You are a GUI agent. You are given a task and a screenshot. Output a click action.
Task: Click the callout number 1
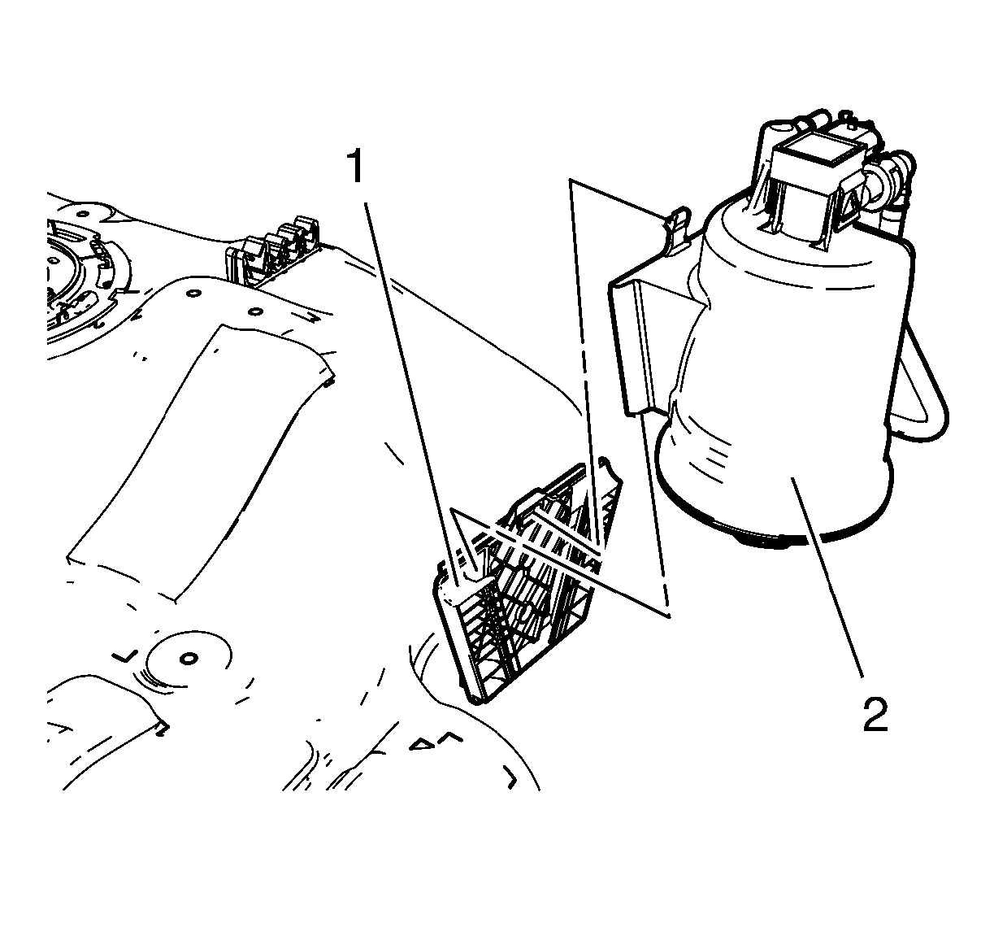[356, 167]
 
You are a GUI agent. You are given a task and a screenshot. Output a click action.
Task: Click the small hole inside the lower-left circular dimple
[189, 659]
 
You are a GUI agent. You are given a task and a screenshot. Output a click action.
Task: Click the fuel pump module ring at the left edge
[84, 283]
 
